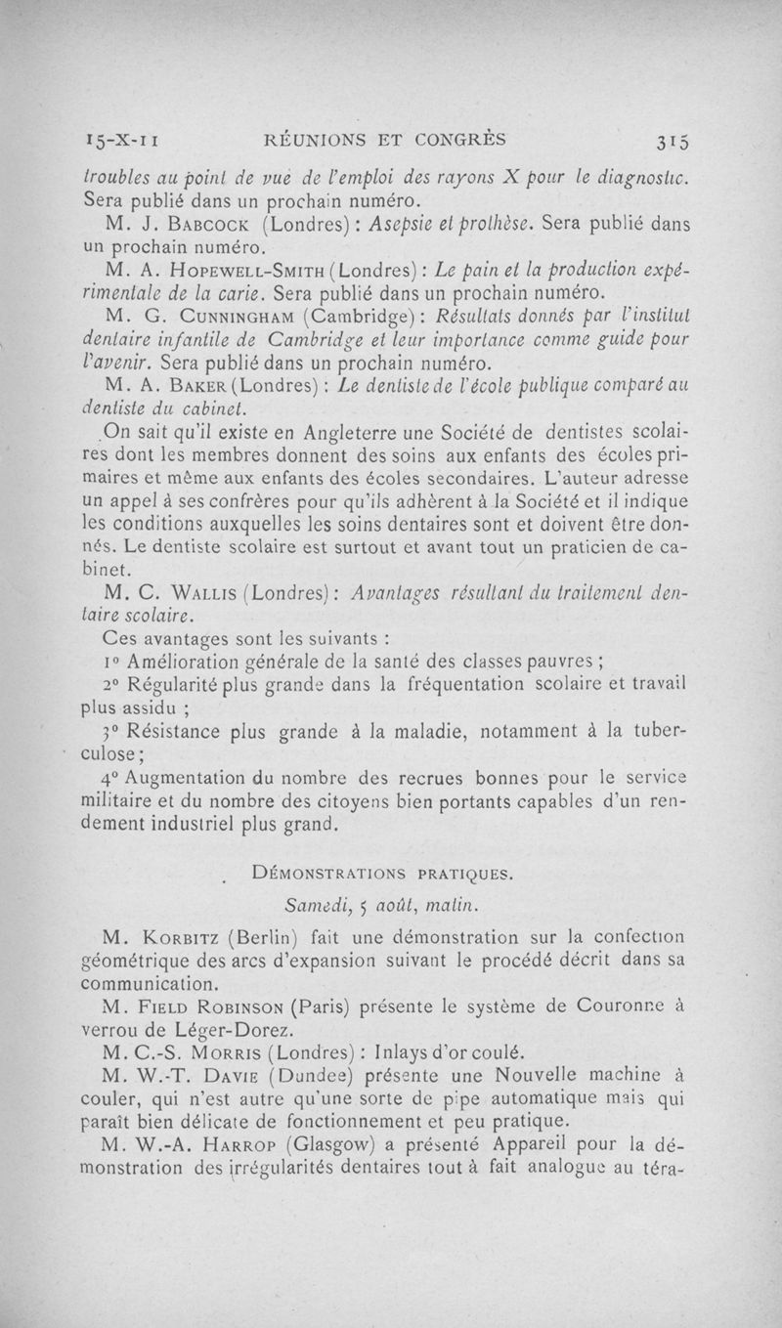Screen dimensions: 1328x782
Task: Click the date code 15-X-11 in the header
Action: click(122, 140)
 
